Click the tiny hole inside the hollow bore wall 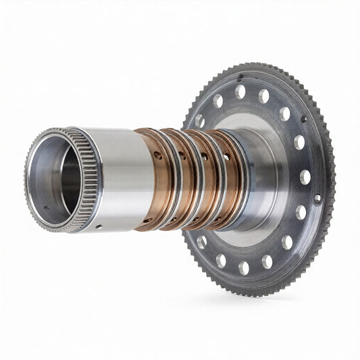pos(46,208)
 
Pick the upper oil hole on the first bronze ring pos(157,155)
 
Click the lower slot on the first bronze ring pos(147,220)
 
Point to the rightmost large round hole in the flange pos(305,177)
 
